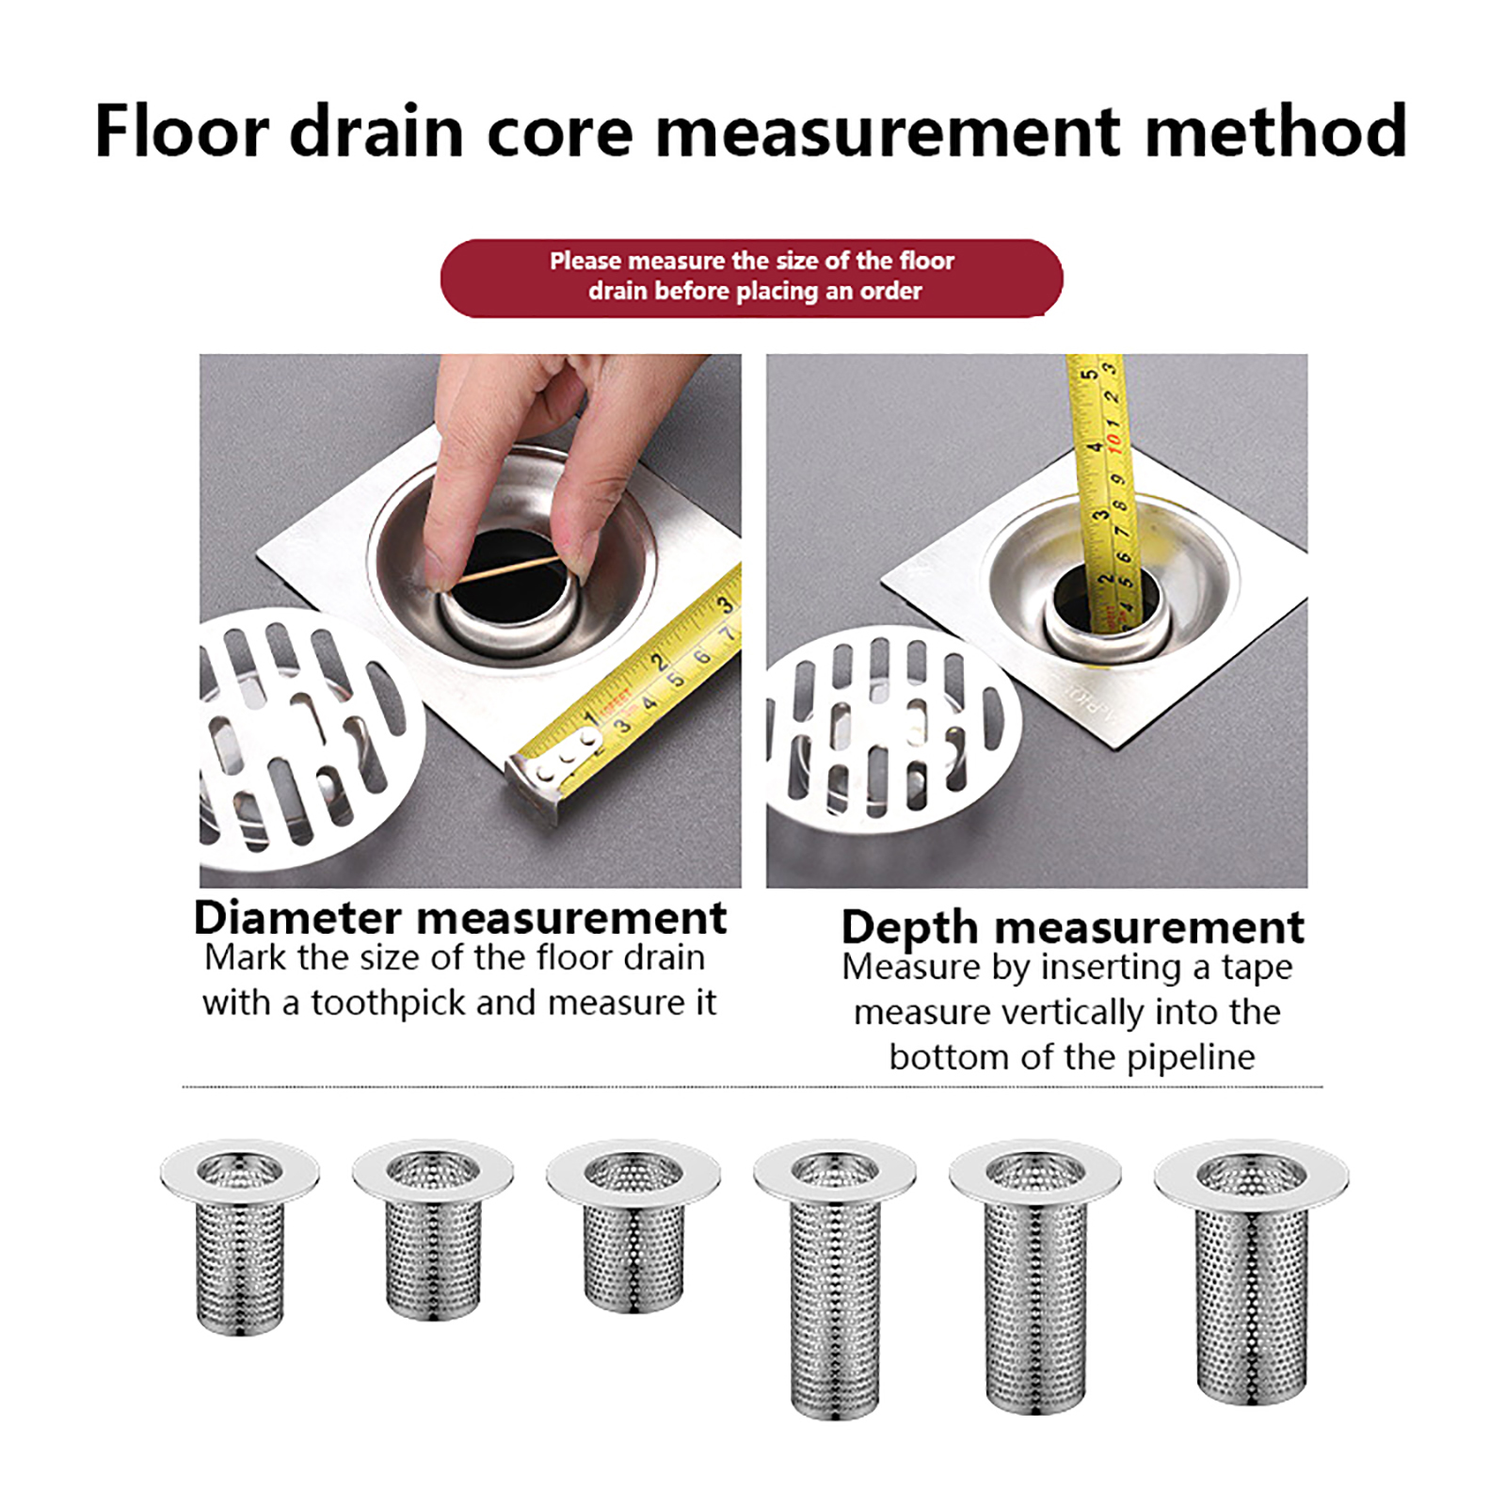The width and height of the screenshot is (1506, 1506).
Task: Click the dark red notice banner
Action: pos(751,278)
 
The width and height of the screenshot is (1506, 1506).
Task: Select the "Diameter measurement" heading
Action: pos(459,918)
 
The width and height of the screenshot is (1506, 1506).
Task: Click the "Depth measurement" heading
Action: pos(1072,927)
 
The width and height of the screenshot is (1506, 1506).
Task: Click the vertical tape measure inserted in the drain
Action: pos(1101,489)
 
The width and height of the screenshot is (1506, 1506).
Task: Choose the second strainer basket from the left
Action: pos(433,1227)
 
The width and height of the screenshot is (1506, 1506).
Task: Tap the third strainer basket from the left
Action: pos(633,1224)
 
